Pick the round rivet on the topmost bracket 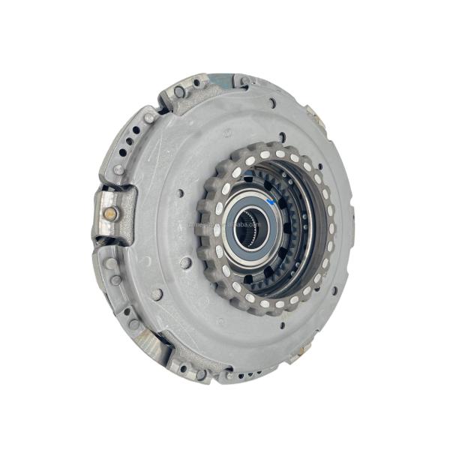(180, 92)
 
